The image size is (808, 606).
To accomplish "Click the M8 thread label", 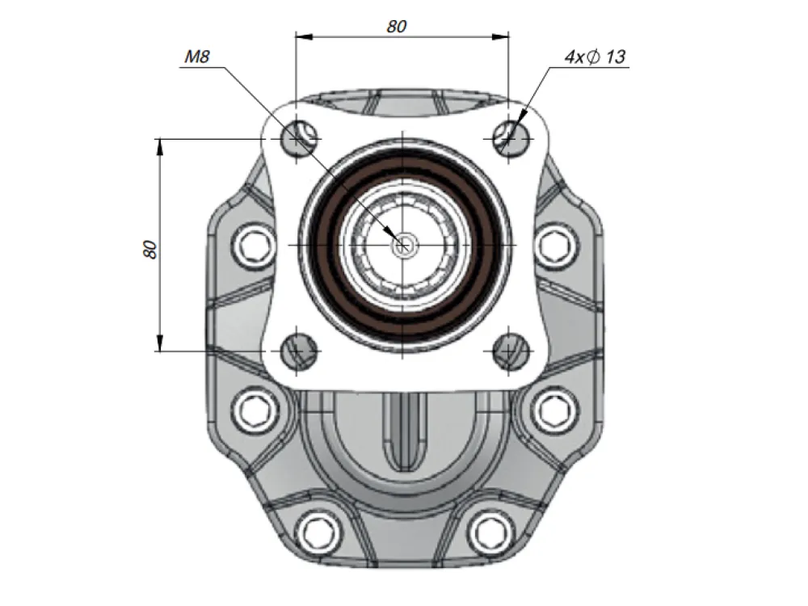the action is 197,57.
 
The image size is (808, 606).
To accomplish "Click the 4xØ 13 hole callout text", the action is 595,57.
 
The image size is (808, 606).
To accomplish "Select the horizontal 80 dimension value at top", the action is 397,27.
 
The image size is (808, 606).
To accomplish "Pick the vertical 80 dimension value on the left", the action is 150,250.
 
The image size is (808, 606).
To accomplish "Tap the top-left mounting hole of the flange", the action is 299,138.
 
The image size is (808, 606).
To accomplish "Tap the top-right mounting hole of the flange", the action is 511,138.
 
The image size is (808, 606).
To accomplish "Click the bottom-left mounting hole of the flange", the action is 299,351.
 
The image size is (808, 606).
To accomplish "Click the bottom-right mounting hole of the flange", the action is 511,351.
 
